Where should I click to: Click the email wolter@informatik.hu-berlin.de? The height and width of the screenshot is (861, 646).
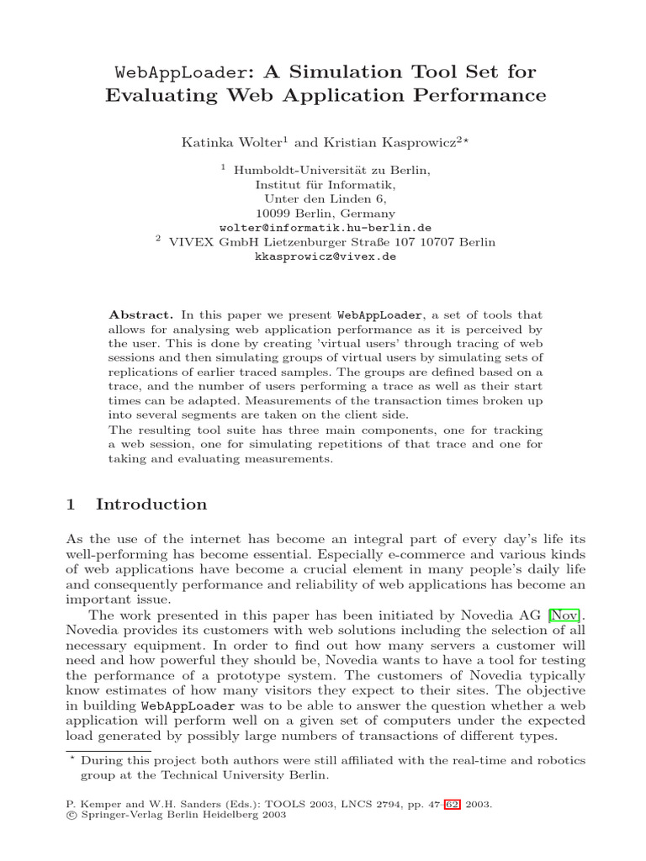tap(326, 228)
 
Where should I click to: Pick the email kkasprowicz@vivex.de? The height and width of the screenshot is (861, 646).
tap(325, 257)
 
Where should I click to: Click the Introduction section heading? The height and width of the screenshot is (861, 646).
tap(151, 504)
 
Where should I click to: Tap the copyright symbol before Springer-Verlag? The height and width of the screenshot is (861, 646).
tap(70, 816)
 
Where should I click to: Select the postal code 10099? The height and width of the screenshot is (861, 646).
tap(273, 214)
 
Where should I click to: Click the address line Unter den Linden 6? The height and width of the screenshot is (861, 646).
tap(325, 199)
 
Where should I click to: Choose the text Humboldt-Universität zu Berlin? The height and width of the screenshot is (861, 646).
tap(331, 170)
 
